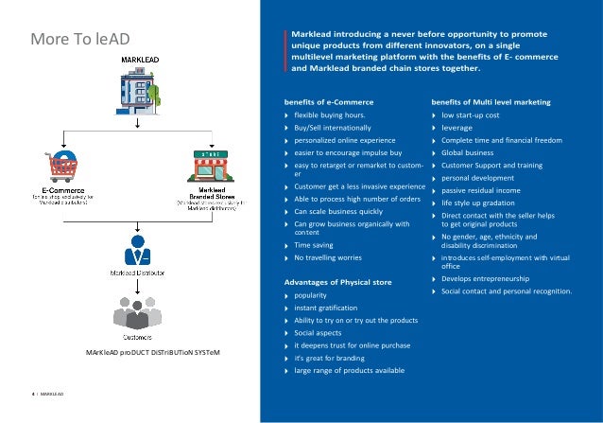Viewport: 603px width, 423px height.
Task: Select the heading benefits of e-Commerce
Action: (x=328, y=101)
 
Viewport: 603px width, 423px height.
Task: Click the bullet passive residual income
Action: (x=481, y=189)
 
